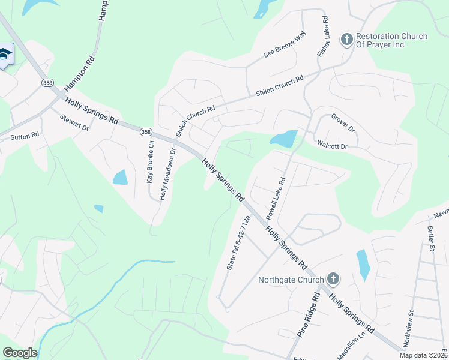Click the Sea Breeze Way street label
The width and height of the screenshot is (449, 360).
click(x=285, y=44)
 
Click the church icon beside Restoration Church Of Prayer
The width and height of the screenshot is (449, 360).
click(x=346, y=40)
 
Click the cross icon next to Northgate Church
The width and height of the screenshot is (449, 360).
click(x=333, y=280)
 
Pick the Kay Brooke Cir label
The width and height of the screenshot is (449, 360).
click(x=151, y=161)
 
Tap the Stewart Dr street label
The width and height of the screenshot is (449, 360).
click(x=74, y=123)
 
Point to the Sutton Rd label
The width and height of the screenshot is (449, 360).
click(x=25, y=136)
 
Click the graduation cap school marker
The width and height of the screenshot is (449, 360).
click(x=5, y=55)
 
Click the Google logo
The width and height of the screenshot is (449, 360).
click(x=20, y=353)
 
